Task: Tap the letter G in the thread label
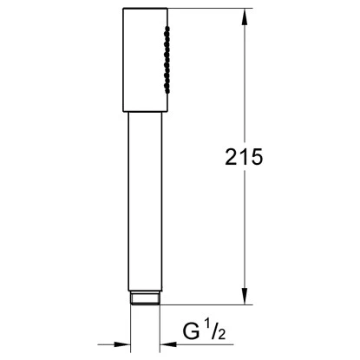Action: point(192,331)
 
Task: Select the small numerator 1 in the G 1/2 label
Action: point(208,326)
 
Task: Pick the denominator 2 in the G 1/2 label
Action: point(222,335)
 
